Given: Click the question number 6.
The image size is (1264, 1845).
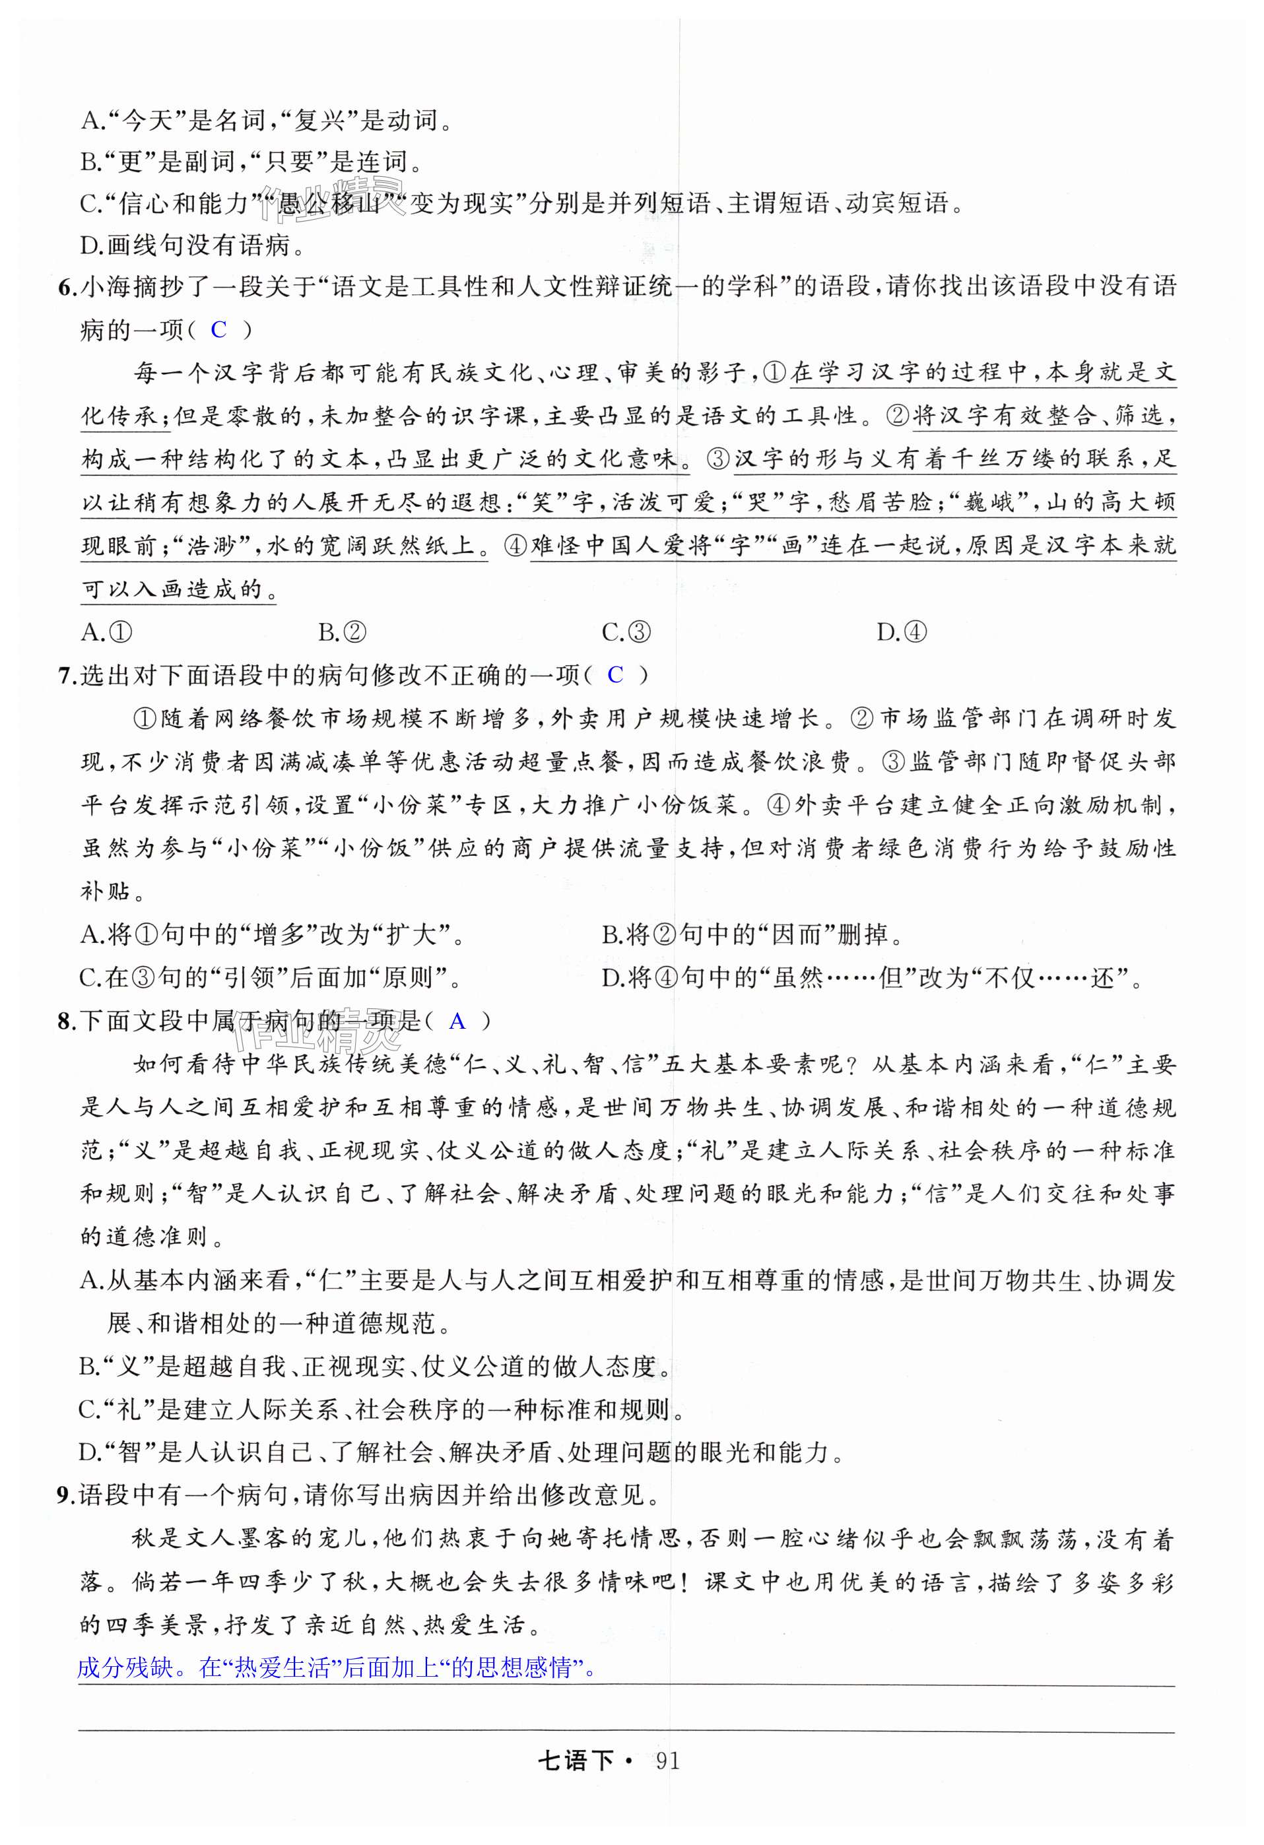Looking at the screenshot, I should tap(67, 286).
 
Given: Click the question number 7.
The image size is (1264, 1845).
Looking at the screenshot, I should tap(67, 676).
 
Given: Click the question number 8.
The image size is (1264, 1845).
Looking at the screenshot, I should tap(67, 1021).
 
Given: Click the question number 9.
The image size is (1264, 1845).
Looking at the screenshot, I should tap(67, 1496).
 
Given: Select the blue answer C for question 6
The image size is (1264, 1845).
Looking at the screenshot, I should tap(219, 329).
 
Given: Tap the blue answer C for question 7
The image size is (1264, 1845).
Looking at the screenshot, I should tap(615, 675).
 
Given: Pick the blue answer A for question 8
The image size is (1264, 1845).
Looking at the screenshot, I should tap(457, 1021).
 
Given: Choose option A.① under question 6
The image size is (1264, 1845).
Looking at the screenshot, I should tap(107, 632).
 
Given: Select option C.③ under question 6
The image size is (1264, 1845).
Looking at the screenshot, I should tap(626, 632).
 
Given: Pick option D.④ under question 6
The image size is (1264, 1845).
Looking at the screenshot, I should tap(902, 632).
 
